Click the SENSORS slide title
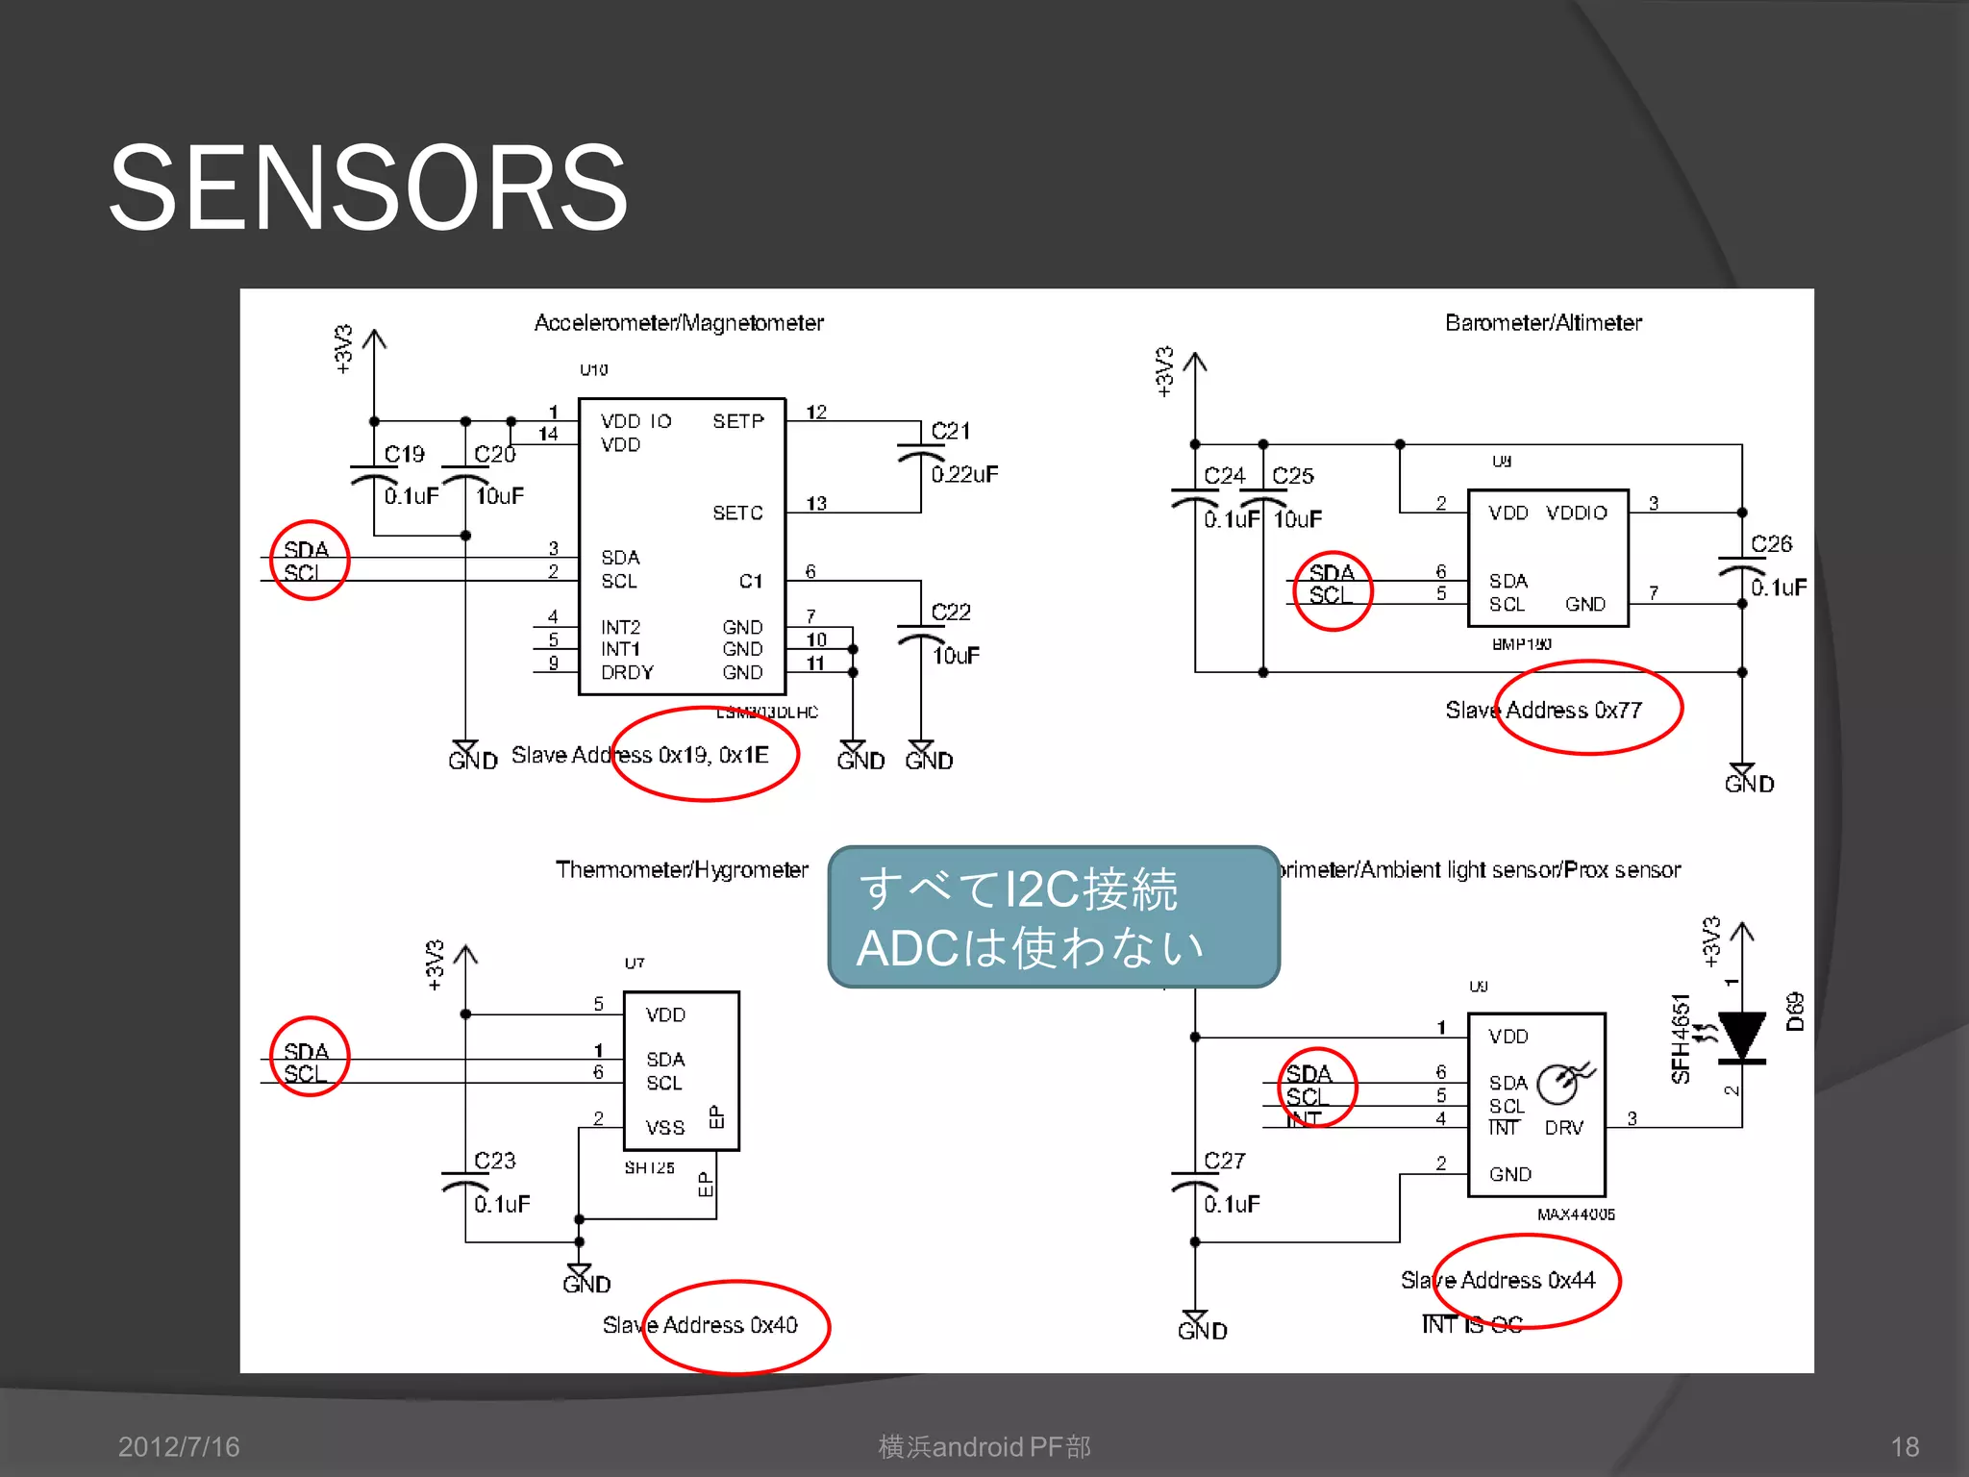click(x=368, y=188)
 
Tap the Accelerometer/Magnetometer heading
click(x=679, y=323)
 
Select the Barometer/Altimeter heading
click(x=1543, y=323)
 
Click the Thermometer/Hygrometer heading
click(x=682, y=870)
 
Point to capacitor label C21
click(x=951, y=432)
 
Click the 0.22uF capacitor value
click(x=964, y=474)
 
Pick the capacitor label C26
click(x=1771, y=544)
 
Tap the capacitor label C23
click(x=494, y=1161)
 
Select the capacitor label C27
click(x=1224, y=1161)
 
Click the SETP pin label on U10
click(x=737, y=421)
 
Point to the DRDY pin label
click(x=627, y=673)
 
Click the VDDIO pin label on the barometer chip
click(x=1576, y=513)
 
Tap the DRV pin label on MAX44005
click(x=1563, y=1128)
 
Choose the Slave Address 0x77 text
click(x=1543, y=711)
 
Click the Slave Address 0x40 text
click(x=700, y=1325)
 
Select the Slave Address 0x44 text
click(x=1497, y=1281)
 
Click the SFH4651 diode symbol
click(x=1741, y=1037)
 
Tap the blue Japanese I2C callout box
click(x=1054, y=917)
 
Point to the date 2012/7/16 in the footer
click(x=179, y=1447)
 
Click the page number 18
click(x=1905, y=1447)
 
